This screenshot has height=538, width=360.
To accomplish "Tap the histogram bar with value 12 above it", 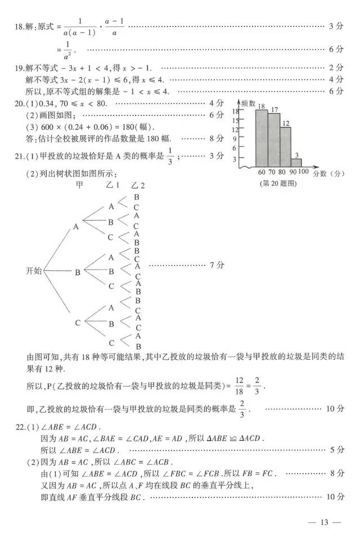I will (x=285, y=146).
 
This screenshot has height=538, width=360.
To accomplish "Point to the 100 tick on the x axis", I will (x=303, y=171).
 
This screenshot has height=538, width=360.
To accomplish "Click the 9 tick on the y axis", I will (x=235, y=140).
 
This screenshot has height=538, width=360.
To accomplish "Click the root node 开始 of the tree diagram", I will (x=35, y=271).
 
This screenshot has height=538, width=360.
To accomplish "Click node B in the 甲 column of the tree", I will (x=78, y=272).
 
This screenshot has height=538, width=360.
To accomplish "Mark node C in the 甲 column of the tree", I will (x=78, y=322).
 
